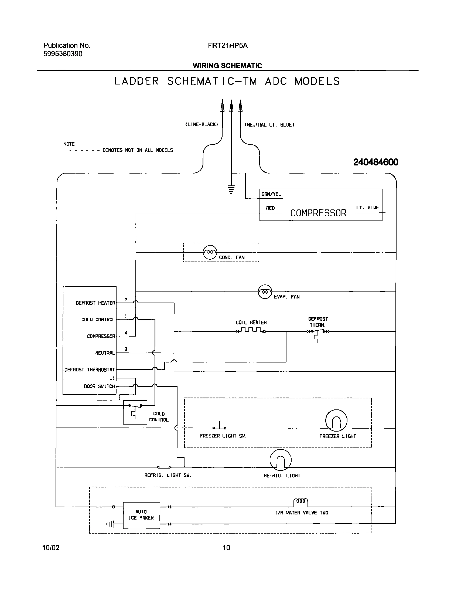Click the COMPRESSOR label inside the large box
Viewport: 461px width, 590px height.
318,213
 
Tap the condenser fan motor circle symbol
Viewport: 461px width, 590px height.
210,252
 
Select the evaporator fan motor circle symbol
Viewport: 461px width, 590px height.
265,292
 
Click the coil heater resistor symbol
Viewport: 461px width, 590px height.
251,330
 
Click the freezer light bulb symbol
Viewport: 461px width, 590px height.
336,420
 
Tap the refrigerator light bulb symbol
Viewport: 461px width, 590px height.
281,460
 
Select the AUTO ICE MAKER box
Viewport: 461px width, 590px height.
141,515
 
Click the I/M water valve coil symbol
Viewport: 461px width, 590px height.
301,501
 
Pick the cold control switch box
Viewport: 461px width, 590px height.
135,412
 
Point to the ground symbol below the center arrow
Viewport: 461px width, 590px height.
231,189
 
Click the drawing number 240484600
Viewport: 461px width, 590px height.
375,162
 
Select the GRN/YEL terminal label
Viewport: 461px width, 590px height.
271,194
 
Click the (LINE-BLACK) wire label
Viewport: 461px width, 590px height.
202,124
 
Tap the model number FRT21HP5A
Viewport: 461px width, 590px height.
228,46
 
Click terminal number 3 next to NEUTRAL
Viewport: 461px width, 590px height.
126,350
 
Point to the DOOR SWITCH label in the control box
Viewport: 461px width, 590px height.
99,386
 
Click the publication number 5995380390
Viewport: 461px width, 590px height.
63,54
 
